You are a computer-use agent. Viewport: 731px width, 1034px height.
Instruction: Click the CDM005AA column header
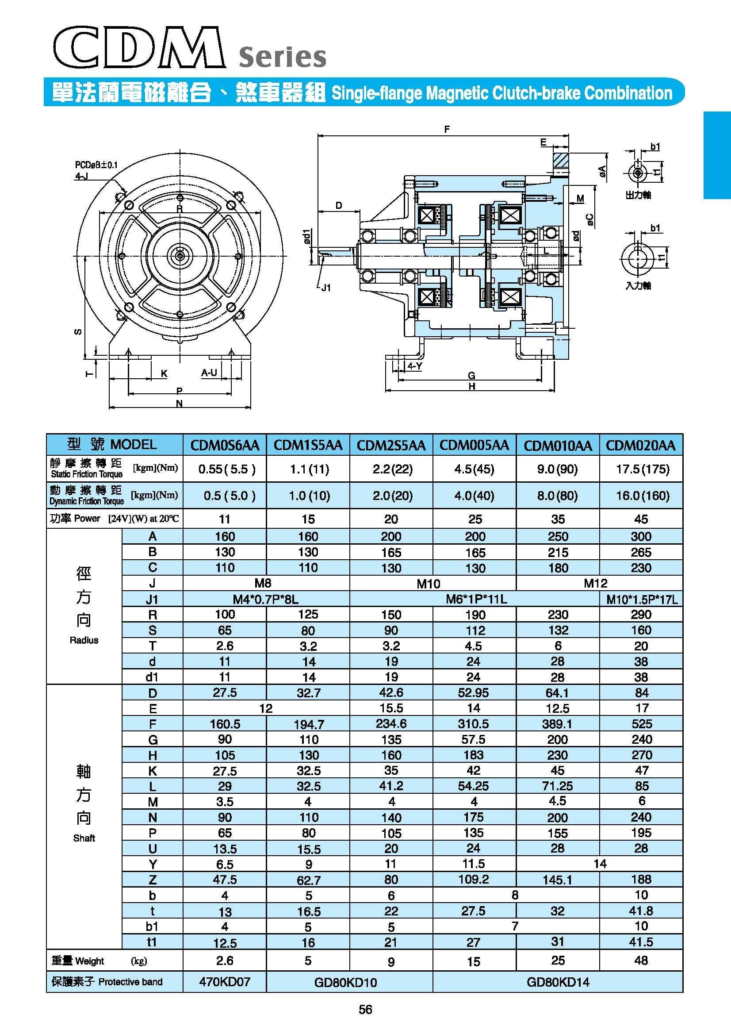coord(474,446)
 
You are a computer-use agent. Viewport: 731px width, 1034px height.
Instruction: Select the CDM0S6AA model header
coord(225,446)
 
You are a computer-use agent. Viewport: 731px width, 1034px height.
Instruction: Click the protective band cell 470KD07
coord(225,982)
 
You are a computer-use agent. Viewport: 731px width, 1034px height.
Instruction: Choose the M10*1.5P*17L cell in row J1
coord(642,600)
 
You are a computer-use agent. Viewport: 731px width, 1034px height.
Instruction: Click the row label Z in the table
coord(152,880)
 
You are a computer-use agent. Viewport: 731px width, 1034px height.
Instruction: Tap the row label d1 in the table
coord(152,677)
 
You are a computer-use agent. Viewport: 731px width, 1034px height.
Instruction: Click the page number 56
coord(365,1010)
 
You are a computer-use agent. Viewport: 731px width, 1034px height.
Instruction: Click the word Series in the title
coord(282,58)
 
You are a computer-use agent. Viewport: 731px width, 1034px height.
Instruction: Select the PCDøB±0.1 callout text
coord(96,165)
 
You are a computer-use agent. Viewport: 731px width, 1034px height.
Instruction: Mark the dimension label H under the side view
coord(472,386)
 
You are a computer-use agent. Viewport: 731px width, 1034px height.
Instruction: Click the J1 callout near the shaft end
coord(326,288)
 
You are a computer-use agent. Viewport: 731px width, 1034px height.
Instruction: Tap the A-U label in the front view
coord(209,373)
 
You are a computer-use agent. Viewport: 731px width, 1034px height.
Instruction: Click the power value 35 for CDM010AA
coord(558,519)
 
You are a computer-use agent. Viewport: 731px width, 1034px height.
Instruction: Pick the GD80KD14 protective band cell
coord(558,982)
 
